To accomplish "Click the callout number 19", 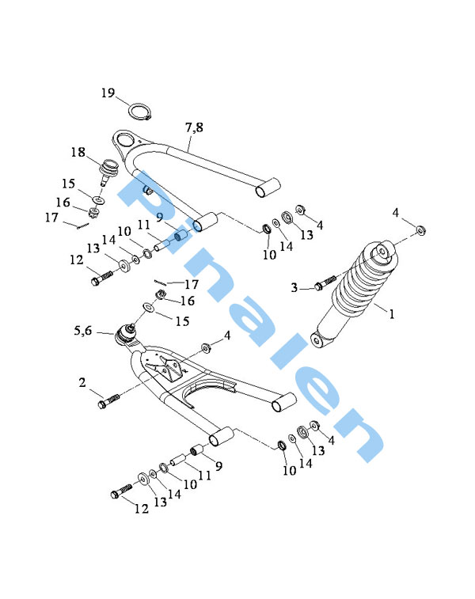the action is click(x=108, y=93).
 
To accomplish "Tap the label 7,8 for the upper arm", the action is click(x=194, y=127).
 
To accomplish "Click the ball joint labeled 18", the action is click(x=108, y=172).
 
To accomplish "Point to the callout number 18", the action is click(x=78, y=152).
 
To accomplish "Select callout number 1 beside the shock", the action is click(x=391, y=314).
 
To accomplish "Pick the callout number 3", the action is click(x=294, y=287).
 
